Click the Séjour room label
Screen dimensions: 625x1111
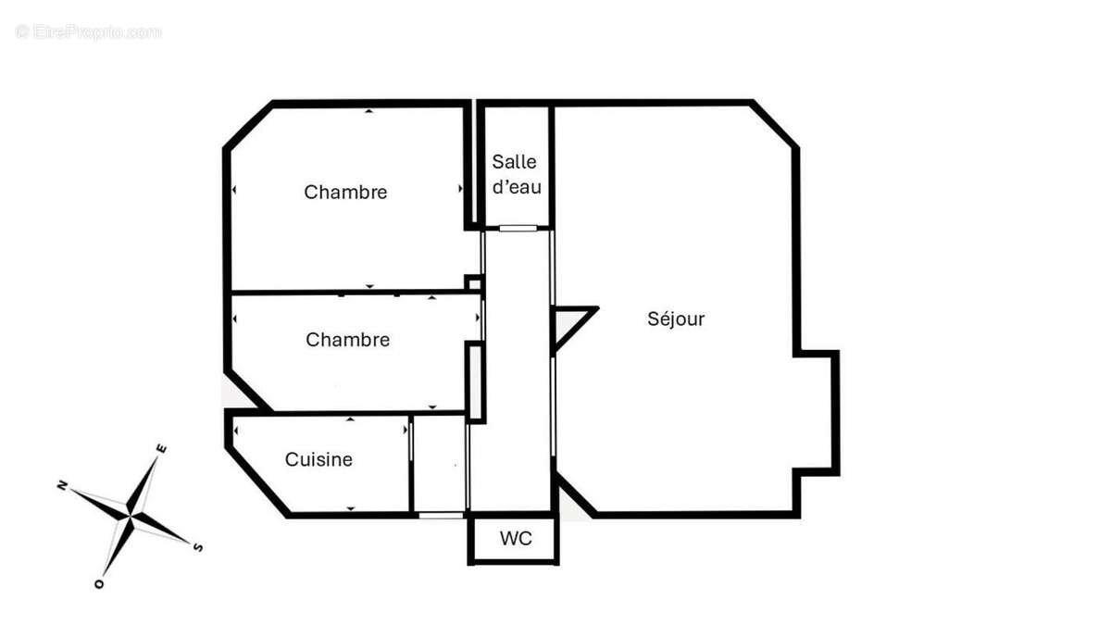tap(676, 319)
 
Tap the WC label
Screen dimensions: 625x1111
tap(516, 539)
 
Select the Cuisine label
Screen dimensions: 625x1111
tap(318, 459)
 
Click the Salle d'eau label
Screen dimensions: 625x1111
tap(515, 174)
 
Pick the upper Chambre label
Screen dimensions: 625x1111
tap(345, 193)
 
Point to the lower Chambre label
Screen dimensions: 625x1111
tap(347, 340)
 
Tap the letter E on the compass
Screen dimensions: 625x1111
tap(161, 448)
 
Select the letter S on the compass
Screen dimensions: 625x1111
tap(197, 547)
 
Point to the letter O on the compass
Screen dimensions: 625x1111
tap(98, 584)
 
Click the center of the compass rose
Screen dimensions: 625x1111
tap(131, 516)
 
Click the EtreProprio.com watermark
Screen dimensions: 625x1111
tap(88, 31)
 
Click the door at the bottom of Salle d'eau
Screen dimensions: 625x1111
tap(518, 228)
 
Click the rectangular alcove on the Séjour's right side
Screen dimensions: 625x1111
tap(817, 413)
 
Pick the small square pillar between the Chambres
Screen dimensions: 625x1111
tap(473, 283)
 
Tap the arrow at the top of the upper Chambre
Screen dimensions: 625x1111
tap(368, 111)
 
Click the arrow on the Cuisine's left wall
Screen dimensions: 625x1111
tap(237, 431)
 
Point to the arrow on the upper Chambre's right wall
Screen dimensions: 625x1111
tap(460, 189)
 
